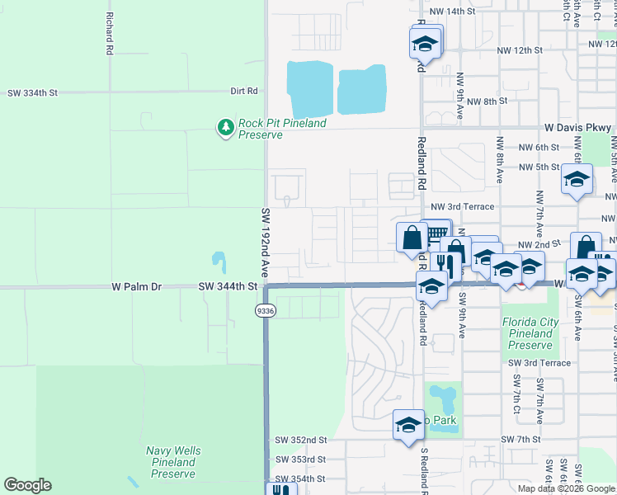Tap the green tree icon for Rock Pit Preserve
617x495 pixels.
(x=225, y=127)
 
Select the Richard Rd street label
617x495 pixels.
(x=108, y=34)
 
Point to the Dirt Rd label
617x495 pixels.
(x=244, y=91)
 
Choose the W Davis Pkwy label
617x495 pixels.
(x=578, y=128)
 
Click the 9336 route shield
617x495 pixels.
(x=265, y=310)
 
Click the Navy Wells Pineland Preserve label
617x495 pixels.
(x=173, y=462)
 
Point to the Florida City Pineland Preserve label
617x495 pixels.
(x=530, y=333)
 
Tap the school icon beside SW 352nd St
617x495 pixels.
(x=408, y=425)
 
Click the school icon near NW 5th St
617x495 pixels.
(x=577, y=178)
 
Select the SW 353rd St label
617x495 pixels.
(x=301, y=459)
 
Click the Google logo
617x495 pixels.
(x=27, y=485)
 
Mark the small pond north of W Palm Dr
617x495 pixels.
(x=219, y=262)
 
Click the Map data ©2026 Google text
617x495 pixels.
(x=565, y=488)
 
